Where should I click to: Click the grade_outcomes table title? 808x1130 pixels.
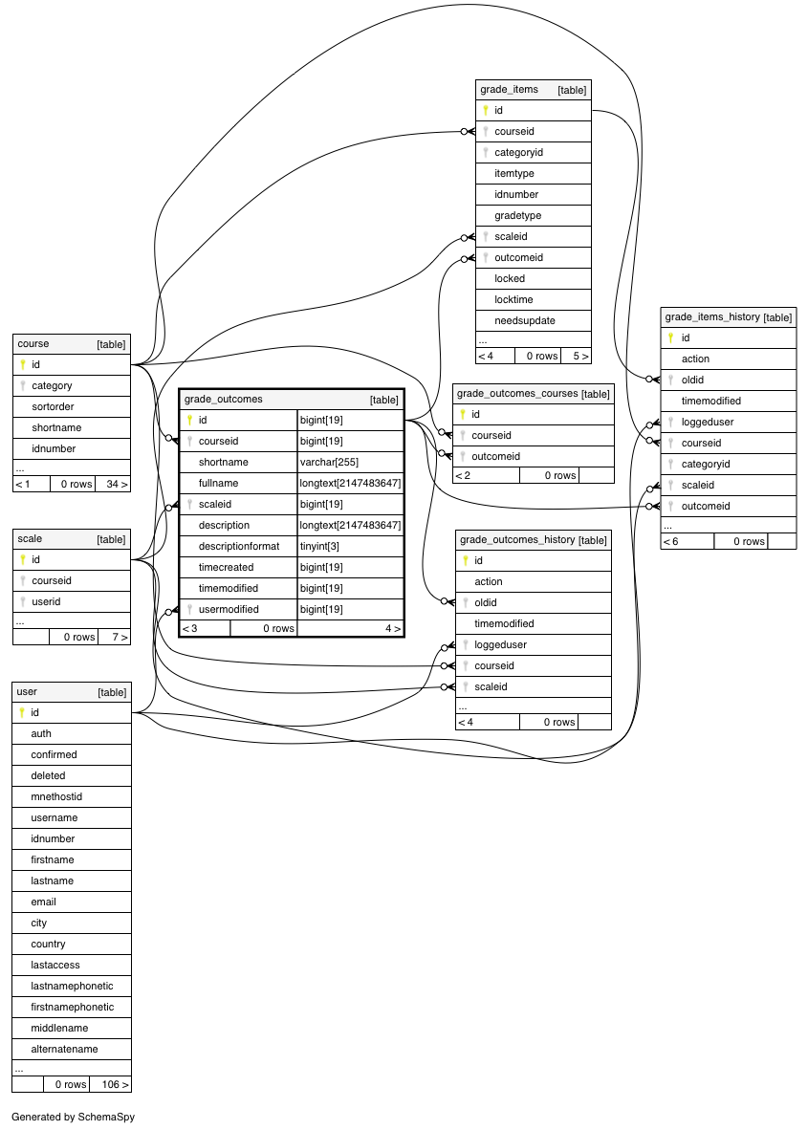(x=224, y=400)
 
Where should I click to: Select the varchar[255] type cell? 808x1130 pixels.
(x=329, y=462)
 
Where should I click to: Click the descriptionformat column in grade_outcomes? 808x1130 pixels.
(x=239, y=546)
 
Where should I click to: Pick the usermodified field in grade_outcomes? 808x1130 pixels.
(x=228, y=610)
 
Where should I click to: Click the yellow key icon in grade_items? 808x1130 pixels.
(x=486, y=110)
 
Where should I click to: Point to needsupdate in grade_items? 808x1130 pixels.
(x=525, y=320)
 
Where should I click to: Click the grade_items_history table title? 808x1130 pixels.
(x=712, y=317)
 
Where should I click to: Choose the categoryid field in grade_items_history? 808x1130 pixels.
(x=706, y=464)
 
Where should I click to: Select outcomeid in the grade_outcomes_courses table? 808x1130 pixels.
(x=496, y=456)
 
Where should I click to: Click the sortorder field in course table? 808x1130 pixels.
(x=53, y=406)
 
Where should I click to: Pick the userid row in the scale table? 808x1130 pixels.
(x=46, y=601)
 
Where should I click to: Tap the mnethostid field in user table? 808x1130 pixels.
(x=56, y=797)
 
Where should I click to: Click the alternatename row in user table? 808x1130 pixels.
(x=64, y=1050)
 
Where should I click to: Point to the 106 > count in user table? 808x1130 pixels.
(x=116, y=1085)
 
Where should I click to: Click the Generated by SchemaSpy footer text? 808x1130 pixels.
(x=73, y=1117)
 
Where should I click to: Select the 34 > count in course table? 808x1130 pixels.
(x=117, y=485)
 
